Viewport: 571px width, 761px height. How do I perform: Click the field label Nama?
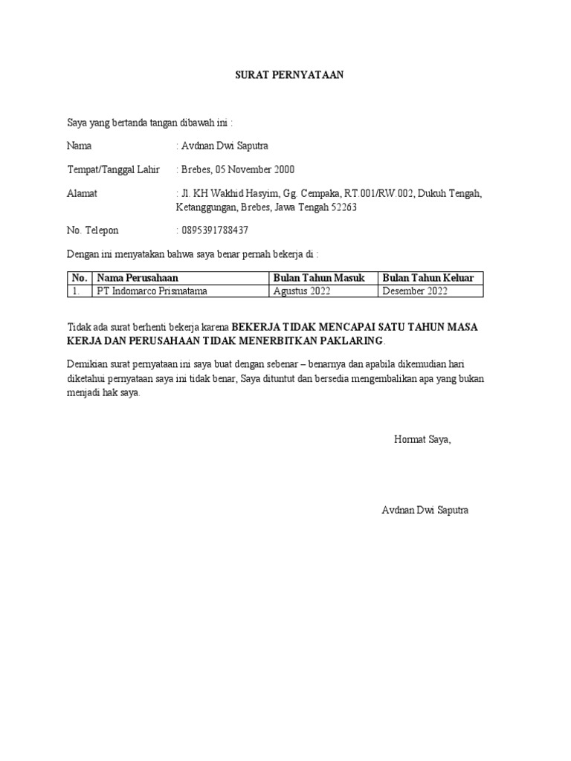point(80,146)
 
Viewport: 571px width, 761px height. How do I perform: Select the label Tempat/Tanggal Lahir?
point(113,169)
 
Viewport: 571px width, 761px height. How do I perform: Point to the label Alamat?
point(82,193)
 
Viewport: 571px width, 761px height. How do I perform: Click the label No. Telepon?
point(92,230)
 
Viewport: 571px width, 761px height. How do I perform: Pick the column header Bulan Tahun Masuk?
point(319,278)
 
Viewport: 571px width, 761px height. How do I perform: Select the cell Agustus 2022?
point(302,291)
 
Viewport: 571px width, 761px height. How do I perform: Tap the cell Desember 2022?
point(415,291)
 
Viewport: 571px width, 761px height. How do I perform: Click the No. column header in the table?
point(80,278)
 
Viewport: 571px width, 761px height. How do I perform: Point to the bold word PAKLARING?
point(349,340)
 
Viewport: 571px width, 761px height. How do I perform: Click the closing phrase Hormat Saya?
point(422,439)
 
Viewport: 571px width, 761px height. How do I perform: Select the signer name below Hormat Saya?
point(425,511)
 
